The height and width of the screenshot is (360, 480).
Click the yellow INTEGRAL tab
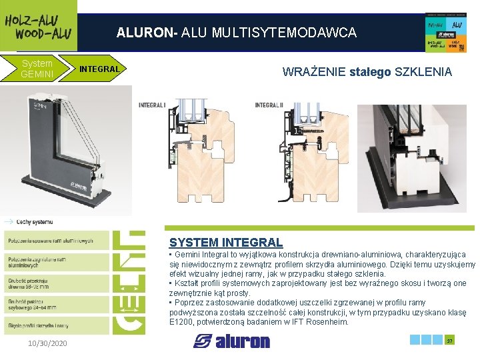pyautogui.click(x=99, y=69)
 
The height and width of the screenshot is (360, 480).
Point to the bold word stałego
pyautogui.click(x=370, y=71)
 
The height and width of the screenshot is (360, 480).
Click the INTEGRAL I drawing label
pyautogui.click(x=152, y=105)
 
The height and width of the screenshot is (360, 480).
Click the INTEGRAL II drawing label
pyautogui.click(x=269, y=105)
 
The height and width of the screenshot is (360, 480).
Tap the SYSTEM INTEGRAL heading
pyautogui.click(x=226, y=243)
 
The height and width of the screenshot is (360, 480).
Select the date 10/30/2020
pyautogui.click(x=47, y=343)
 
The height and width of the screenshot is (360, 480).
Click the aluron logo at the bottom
pyautogui.click(x=232, y=341)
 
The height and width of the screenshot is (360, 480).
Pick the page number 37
pyautogui.click(x=449, y=341)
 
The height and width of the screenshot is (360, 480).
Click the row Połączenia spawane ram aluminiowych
pyautogui.click(x=50, y=241)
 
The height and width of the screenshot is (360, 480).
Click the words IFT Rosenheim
pyautogui.click(x=321, y=322)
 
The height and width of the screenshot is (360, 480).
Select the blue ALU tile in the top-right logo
pyautogui.click(x=456, y=25)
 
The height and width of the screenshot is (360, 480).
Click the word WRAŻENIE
pyautogui.click(x=314, y=71)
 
